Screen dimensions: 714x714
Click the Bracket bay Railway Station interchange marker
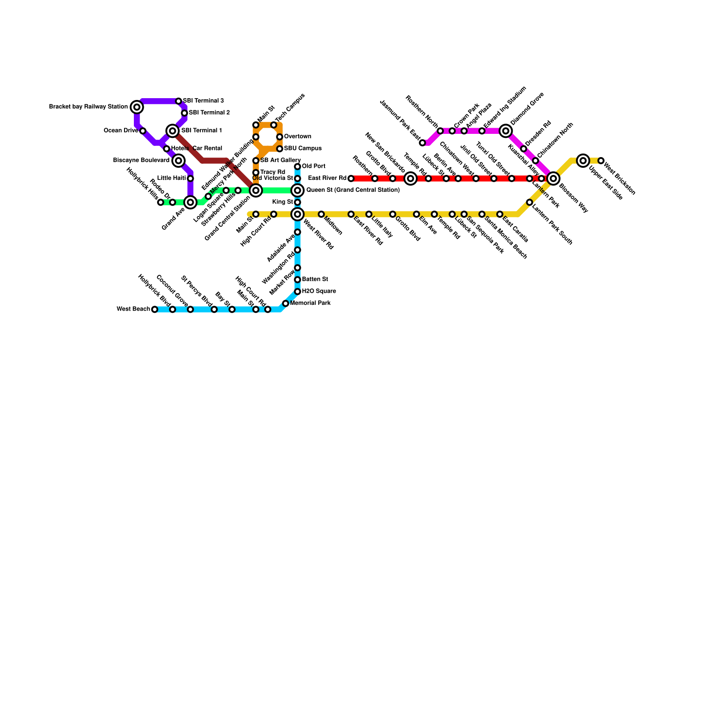pos(137,107)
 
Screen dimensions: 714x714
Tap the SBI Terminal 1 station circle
pos(173,131)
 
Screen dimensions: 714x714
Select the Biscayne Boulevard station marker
pos(178,161)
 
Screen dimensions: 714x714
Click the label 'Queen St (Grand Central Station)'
pos(353,191)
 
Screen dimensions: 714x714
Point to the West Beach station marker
pos(155,309)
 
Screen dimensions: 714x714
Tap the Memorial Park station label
pos(310,303)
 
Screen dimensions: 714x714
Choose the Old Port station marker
pos(297,167)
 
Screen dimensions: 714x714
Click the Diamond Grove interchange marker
pos(506,131)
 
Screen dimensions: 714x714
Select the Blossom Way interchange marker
pos(553,178)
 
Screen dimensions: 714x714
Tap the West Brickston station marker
pos(601,161)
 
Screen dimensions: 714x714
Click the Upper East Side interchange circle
pos(583,161)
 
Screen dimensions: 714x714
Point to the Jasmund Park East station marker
pos(423,143)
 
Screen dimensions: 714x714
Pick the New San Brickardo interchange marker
pos(411,178)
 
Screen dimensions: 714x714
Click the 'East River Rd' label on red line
pos(327,178)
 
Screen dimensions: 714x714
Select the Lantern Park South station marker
pos(529,203)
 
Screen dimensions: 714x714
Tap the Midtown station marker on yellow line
pos(321,215)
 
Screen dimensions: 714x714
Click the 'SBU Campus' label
pos(303,149)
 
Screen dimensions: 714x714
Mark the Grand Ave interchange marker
pos(191,203)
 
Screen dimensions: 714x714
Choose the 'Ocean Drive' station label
pos(120,131)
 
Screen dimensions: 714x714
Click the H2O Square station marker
pos(297,292)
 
